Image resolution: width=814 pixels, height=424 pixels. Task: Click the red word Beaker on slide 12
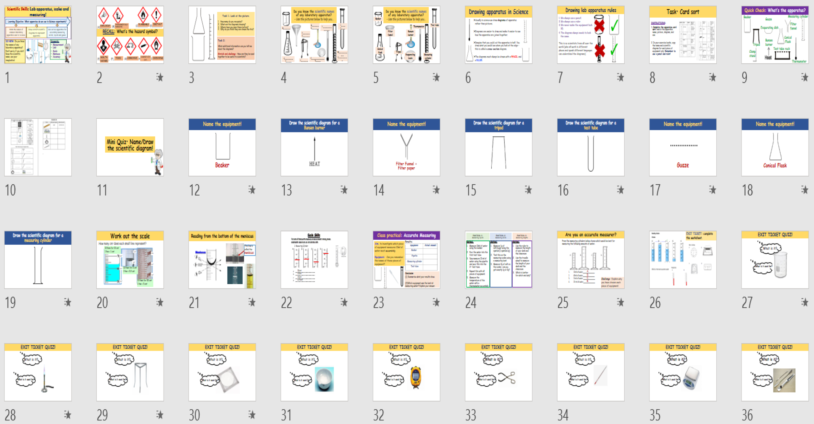tap(222, 165)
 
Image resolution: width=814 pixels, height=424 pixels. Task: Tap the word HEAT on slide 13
tap(314, 164)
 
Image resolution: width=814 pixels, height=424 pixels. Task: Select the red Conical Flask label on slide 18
tap(775, 165)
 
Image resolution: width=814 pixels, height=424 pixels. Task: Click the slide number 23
tap(379, 303)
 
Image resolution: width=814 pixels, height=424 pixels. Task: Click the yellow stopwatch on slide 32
tap(415, 377)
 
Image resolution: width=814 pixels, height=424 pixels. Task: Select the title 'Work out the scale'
tap(130, 236)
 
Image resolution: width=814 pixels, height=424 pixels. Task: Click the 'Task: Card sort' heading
tap(683, 12)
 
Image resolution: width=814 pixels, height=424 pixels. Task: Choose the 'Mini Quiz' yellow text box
tap(130, 145)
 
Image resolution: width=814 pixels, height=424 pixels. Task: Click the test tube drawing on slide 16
tap(591, 153)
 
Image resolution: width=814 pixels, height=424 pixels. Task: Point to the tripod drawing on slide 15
tap(498, 152)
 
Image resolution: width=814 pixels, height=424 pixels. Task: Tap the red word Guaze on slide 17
tap(683, 165)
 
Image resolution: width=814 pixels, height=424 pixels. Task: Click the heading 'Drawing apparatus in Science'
tap(498, 12)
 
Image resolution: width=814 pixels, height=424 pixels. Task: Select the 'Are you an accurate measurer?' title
tap(591, 235)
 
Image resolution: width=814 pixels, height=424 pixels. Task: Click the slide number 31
tap(286, 415)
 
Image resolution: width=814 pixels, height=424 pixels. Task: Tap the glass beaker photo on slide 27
tap(780, 265)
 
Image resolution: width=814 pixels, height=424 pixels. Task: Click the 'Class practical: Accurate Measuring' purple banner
tap(406, 235)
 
